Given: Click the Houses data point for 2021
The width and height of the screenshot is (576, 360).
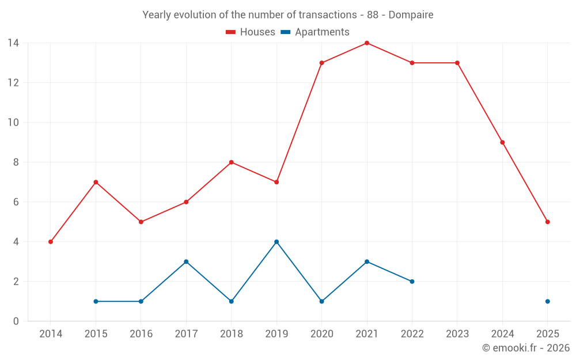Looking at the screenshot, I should [367, 43].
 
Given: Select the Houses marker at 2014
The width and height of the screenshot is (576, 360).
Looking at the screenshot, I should [51, 242].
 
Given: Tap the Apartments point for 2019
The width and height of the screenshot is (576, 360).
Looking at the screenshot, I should [276, 242].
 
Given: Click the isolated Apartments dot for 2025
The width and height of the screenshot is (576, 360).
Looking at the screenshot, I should [547, 301].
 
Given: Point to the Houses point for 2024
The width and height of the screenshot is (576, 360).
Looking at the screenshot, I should [502, 142].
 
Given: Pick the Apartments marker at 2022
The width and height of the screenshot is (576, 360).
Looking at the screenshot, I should [412, 282].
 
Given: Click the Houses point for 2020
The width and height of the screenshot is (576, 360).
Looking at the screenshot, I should [321, 63].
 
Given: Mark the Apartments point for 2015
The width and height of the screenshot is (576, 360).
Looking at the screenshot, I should [96, 301].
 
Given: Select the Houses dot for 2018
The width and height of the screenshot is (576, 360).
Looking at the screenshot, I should [231, 162].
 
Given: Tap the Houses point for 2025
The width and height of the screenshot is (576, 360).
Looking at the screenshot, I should [547, 222].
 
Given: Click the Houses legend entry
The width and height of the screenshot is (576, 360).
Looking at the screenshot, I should [251, 32].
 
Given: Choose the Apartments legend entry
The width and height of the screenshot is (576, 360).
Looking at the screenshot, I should [315, 32].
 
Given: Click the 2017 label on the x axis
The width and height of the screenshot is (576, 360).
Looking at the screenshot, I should [186, 334].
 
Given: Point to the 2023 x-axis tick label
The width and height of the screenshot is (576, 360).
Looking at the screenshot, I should [457, 334].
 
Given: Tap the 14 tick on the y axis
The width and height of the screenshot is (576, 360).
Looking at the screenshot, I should [13, 43].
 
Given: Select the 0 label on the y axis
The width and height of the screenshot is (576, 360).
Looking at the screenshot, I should [16, 321].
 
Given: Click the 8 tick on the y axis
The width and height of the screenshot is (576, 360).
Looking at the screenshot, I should [16, 162].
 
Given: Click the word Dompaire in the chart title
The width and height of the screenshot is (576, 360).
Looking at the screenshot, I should [411, 15].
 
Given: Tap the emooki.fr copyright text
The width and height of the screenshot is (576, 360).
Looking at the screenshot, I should [526, 348].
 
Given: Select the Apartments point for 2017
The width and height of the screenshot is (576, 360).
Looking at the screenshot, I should [186, 262].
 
